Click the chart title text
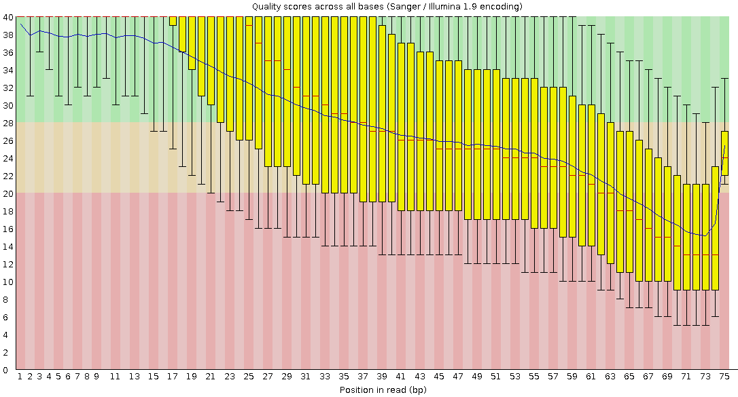point(387,6)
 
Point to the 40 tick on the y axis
point(9,17)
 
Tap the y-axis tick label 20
point(9,193)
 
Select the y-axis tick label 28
point(9,123)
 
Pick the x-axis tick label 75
point(724,376)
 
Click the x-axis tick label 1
point(20,376)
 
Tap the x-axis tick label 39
point(382,376)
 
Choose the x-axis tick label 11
point(116,376)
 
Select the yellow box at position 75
point(724,153)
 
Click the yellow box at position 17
point(173,21)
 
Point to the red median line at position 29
point(287,70)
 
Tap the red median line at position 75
point(724,157)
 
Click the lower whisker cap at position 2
point(30,96)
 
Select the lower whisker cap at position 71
point(686,326)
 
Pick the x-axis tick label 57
point(553,376)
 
